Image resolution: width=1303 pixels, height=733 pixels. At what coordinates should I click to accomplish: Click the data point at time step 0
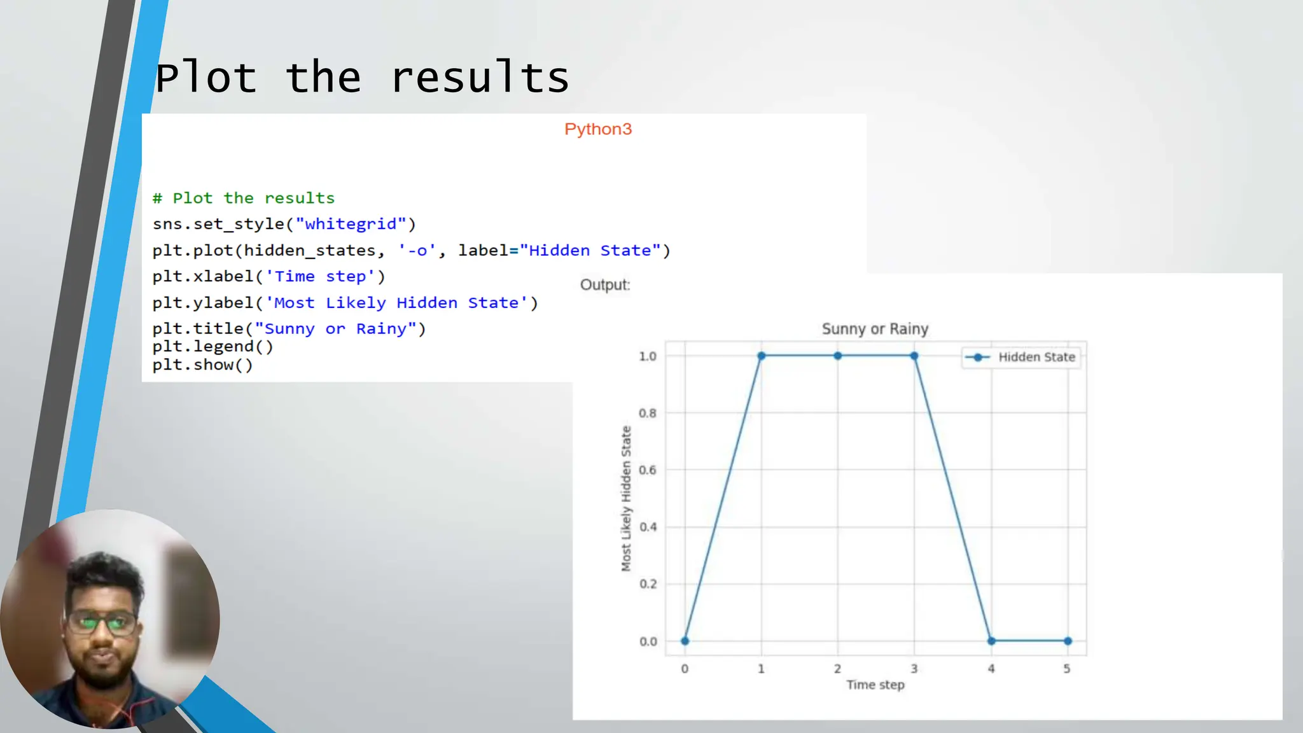coord(685,641)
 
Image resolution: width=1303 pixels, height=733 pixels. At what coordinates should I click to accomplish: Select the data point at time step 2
coord(837,356)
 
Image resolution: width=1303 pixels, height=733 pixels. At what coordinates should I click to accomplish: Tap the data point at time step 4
coord(991,641)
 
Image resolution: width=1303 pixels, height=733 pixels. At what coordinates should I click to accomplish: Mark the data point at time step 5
coord(1068,641)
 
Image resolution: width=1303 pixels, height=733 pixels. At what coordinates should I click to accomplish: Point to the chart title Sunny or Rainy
coord(875,329)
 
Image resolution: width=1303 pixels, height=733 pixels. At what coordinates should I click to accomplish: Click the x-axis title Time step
coord(875,685)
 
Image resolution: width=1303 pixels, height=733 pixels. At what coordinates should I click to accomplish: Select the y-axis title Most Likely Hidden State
coord(626,498)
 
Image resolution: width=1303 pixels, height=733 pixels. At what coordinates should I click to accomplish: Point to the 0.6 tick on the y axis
coord(648,470)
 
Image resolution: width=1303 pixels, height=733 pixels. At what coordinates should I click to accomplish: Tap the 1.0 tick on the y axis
coord(648,356)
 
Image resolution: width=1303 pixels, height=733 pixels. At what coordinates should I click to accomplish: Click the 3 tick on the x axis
coord(914,669)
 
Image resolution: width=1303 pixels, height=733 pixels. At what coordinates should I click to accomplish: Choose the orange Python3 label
coord(597,129)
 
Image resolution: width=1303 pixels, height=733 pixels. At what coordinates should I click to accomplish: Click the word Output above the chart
coord(604,284)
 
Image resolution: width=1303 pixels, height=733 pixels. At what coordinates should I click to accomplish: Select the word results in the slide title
coord(480,78)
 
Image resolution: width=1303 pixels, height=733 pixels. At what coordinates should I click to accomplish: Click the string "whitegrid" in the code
coord(351,224)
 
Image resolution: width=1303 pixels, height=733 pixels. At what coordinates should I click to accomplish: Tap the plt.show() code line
coord(202,365)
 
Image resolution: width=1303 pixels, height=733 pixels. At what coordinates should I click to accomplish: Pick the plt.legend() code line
coord(213,347)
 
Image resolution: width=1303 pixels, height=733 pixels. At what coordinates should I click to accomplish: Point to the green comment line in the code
coord(244,198)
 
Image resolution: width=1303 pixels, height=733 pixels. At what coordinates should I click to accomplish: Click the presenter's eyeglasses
coord(102,622)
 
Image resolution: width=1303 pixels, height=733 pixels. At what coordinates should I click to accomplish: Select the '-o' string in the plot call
coord(417,251)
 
